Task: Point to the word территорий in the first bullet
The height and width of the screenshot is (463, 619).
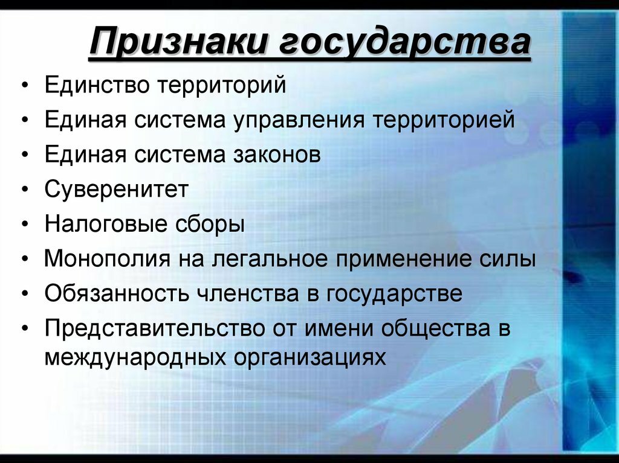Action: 222,85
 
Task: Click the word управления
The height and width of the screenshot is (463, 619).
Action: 299,120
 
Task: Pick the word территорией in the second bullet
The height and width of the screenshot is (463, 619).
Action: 443,120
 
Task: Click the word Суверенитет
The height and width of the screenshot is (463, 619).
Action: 117,190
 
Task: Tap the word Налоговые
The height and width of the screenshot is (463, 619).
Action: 103,225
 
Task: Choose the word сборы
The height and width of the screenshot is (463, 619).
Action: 209,225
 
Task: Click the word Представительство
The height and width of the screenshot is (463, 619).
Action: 155,329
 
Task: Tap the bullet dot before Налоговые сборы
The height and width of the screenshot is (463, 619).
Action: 24,225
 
